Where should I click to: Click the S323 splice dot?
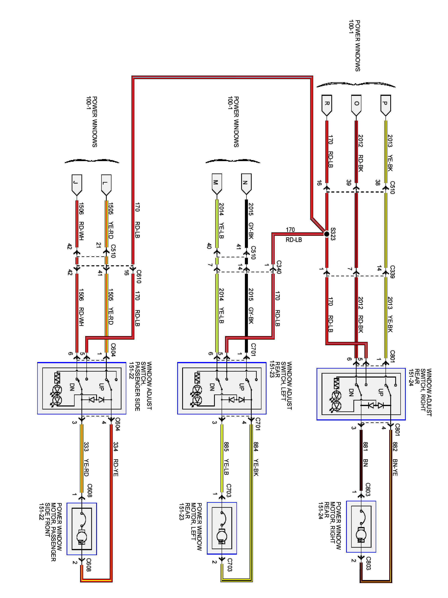[327, 234]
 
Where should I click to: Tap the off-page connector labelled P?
[385, 105]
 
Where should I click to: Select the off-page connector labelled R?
[327, 105]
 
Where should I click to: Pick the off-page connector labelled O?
[356, 105]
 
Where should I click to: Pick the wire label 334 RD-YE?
[115, 459]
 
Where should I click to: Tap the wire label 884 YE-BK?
[256, 459]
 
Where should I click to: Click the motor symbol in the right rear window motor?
[361, 534]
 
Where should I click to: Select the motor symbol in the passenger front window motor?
[82, 536]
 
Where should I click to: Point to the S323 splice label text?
[333, 234]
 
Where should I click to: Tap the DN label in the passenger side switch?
[72, 387]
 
